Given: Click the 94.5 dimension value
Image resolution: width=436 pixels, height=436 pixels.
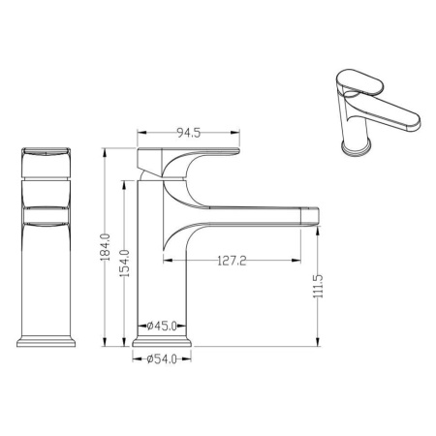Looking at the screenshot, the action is click(189, 133).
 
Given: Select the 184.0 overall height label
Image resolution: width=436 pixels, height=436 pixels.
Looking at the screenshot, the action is click(106, 247).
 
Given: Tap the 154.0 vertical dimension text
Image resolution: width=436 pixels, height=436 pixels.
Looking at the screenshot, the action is click(125, 263).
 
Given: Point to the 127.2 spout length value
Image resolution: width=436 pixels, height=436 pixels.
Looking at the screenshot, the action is click(232, 261).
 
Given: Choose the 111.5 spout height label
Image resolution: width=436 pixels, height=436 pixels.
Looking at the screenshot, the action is click(319, 286).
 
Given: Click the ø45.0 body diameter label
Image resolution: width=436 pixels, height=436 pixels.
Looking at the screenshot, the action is click(162, 326).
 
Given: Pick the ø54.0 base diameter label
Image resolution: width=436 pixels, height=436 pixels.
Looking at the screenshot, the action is click(162, 358).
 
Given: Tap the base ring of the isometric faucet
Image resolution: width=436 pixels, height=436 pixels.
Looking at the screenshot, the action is click(357, 147).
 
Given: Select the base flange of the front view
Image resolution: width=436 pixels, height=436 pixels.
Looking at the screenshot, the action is click(47, 342).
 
